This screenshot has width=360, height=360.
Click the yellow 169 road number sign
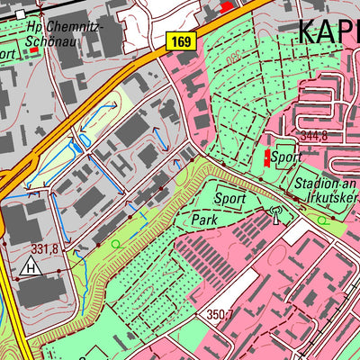pos(180,40)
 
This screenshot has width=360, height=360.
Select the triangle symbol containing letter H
pos(31,267)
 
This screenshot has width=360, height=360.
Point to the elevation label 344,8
pos(314,137)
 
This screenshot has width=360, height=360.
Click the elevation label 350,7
pos(220,315)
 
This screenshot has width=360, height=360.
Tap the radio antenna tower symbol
pos(275,214)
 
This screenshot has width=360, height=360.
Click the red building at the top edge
pos(226,5)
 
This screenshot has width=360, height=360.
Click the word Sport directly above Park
pos(229,197)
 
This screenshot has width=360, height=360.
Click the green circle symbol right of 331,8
pos(114,244)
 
